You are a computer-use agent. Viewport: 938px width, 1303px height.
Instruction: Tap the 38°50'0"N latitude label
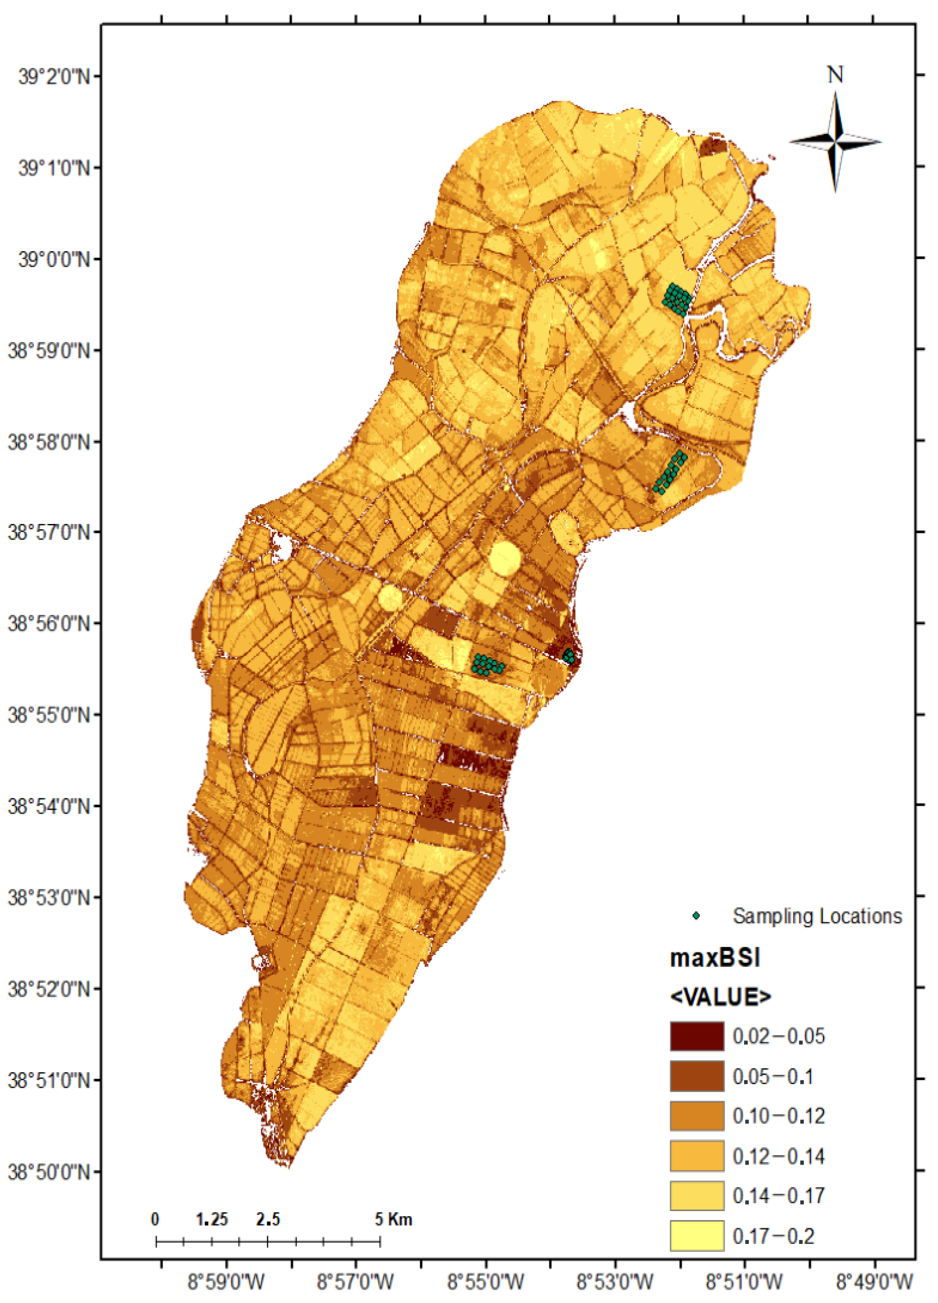tap(49, 1171)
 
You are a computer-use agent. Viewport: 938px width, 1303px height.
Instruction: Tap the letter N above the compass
tap(835, 75)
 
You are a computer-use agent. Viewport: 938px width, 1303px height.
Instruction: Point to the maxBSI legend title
tap(715, 958)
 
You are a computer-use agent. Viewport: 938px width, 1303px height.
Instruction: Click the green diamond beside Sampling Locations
tap(696, 916)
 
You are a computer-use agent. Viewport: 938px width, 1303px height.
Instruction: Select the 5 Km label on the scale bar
tap(394, 1219)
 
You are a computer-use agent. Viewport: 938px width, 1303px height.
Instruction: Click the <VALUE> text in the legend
tap(721, 997)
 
